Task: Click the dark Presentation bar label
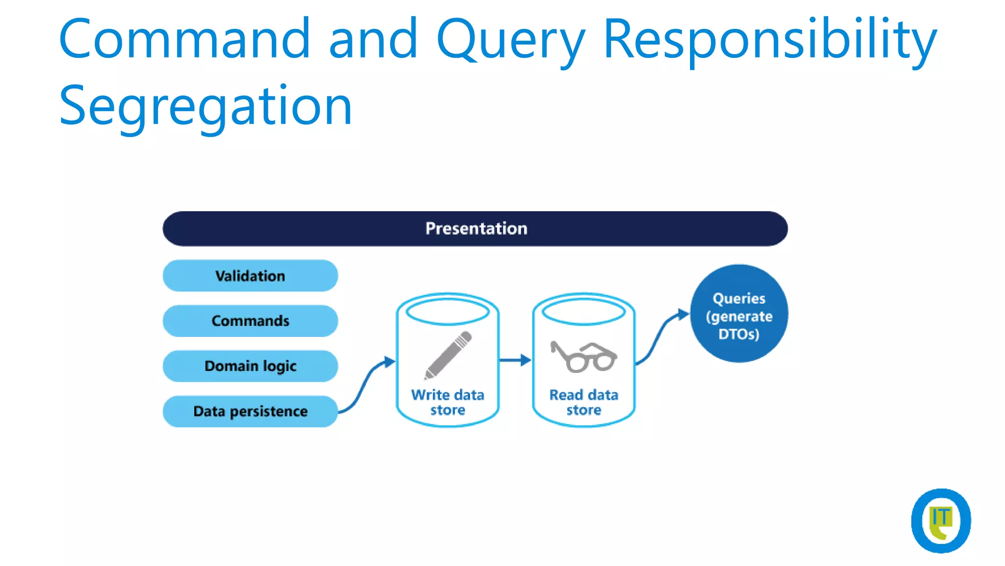[x=476, y=228]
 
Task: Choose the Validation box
[x=250, y=276]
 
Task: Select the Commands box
[x=250, y=321]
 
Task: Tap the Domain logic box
[x=250, y=366]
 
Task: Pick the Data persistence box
[x=250, y=411]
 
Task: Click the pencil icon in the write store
[x=448, y=355]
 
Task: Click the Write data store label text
[x=448, y=402]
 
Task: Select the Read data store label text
[x=583, y=402]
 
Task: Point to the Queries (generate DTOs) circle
[x=739, y=314]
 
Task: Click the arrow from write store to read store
[x=515, y=360]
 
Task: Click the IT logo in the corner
[x=940, y=521]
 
